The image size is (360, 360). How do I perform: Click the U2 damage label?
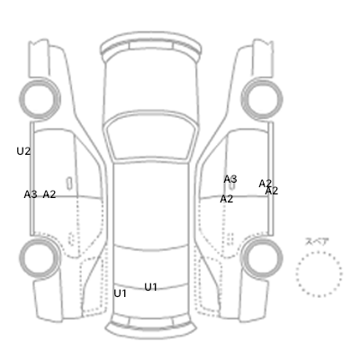click(x=23, y=151)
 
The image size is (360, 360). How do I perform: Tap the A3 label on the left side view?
click(x=31, y=194)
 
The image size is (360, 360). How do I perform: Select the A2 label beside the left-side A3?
click(x=49, y=194)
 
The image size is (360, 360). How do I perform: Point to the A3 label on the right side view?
click(x=230, y=179)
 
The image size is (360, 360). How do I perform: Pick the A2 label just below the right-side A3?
click(x=227, y=199)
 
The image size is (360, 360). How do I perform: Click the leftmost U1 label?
click(x=120, y=293)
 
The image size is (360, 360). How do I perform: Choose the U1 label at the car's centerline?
click(x=151, y=287)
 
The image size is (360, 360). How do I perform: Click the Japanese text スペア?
click(x=317, y=241)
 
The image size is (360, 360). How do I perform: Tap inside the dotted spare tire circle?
click(x=319, y=274)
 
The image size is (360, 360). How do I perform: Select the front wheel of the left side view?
click(x=40, y=99)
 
